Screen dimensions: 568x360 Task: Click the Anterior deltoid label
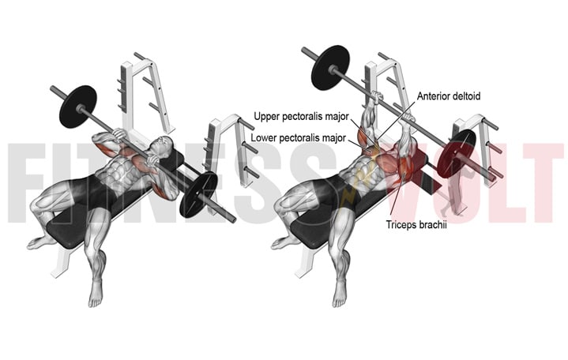(449, 96)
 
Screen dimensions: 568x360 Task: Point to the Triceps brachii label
(416, 225)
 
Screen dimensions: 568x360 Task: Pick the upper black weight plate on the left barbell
(78, 107)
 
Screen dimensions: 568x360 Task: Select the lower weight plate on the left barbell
(198, 194)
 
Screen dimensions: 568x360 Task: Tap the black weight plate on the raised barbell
(330, 68)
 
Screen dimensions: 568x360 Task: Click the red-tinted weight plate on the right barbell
(457, 152)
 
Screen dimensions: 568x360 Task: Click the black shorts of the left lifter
(93, 190)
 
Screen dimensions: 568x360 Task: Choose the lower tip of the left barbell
(234, 219)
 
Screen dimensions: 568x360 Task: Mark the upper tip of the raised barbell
(303, 50)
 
